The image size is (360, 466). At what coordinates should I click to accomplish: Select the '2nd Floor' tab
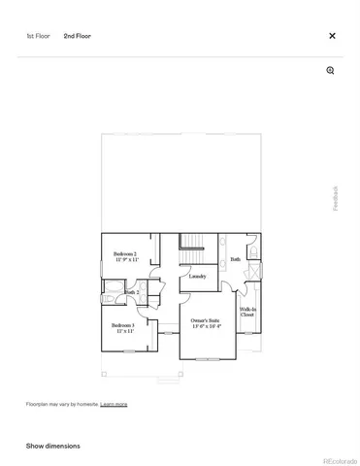(77, 36)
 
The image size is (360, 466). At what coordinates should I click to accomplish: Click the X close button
(332, 36)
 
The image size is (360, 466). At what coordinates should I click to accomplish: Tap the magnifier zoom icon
(331, 71)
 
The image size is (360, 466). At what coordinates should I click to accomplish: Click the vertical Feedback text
(336, 198)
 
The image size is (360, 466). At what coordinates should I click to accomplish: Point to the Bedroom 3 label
(122, 324)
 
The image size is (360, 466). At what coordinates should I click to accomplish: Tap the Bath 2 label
(132, 291)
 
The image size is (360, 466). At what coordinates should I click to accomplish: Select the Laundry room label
(197, 276)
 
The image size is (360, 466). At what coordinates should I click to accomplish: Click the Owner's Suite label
(206, 320)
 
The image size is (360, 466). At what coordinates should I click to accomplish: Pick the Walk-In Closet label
(247, 312)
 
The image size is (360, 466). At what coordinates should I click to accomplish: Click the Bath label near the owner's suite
(235, 259)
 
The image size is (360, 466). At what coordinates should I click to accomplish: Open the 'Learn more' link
(114, 403)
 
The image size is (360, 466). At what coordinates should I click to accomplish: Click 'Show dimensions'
(53, 446)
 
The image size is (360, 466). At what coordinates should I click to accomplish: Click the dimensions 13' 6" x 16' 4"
(206, 327)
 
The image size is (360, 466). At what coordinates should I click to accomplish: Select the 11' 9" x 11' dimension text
(126, 260)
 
